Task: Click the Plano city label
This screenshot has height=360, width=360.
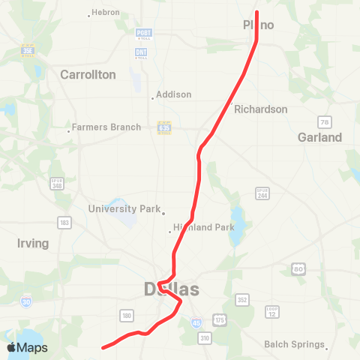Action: click(x=259, y=25)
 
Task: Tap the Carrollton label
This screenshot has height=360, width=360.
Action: click(x=88, y=75)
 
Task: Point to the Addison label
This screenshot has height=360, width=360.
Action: click(x=174, y=95)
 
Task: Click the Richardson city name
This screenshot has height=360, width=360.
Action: click(x=260, y=109)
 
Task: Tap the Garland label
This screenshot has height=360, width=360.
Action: click(x=319, y=137)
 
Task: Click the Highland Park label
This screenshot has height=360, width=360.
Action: click(x=204, y=227)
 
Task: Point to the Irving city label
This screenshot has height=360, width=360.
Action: click(x=32, y=244)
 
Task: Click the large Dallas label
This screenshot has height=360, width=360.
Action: click(x=172, y=289)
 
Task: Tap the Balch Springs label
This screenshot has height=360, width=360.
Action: click(x=295, y=345)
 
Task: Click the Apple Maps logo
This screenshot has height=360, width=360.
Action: click(x=27, y=347)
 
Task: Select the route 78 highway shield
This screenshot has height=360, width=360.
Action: click(x=324, y=121)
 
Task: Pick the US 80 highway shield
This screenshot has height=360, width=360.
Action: click(x=298, y=268)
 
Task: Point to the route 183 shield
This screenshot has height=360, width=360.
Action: click(x=66, y=223)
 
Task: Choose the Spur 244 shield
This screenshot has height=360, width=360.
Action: click(x=262, y=193)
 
